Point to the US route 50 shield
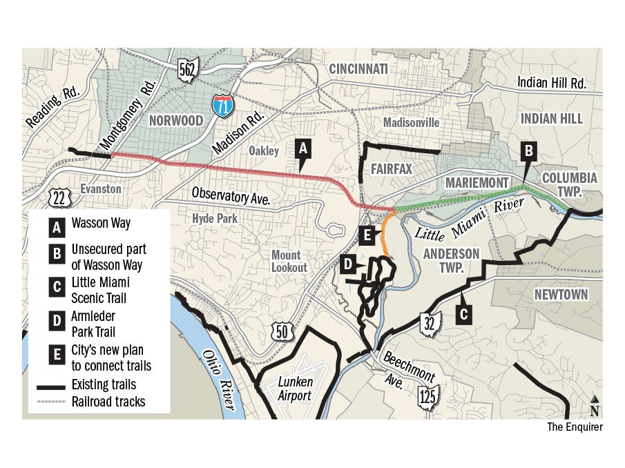pyautogui.click(x=282, y=331)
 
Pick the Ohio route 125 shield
pyautogui.click(x=428, y=398)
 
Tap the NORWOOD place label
pyautogui.click(x=176, y=121)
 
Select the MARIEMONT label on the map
pyautogui.click(x=477, y=182)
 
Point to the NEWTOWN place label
pyautogui.click(x=561, y=295)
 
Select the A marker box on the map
pyautogui.click(x=302, y=147)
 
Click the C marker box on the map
pyautogui.click(x=464, y=315)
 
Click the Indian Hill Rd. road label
pyautogui.click(x=552, y=84)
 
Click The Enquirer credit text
pyautogui.click(x=575, y=427)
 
